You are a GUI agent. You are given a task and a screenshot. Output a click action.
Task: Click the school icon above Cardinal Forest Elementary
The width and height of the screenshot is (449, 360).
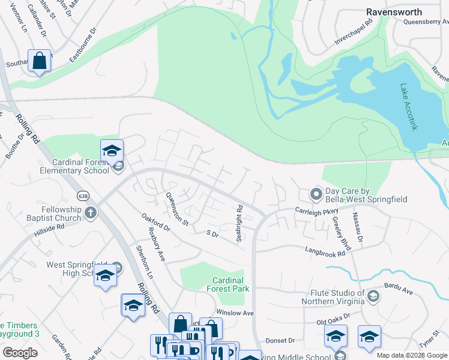112,151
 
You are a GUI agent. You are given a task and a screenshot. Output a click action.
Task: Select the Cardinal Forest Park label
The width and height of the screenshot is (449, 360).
228,284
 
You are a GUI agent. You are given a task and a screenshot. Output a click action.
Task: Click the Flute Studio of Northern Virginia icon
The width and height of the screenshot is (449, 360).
373,296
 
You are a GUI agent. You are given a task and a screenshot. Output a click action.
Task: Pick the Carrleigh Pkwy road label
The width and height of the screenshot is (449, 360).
317,210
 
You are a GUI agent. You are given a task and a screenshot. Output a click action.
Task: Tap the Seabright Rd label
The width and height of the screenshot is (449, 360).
240,224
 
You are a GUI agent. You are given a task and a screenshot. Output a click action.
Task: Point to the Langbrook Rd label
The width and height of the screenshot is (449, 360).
325,253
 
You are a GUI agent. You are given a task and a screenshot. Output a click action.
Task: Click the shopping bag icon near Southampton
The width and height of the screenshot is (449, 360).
40,61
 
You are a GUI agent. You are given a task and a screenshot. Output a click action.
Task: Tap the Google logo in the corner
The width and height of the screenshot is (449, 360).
20,353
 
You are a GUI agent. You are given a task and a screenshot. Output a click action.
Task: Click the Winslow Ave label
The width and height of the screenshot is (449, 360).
235,313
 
